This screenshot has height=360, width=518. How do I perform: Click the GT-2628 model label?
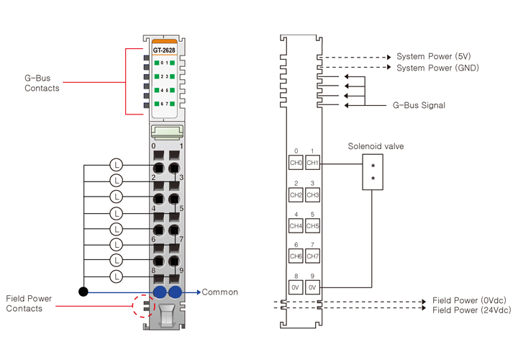(x=164, y=50)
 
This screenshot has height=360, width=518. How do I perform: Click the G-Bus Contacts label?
(x=42, y=83)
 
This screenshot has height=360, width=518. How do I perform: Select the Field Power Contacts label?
(x=24, y=303)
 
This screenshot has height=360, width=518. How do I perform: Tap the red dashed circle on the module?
(x=144, y=305)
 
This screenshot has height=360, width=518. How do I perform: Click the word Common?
(x=219, y=292)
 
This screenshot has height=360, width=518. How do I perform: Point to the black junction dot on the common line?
(x=83, y=292)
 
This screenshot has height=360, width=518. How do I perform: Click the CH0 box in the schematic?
(x=296, y=163)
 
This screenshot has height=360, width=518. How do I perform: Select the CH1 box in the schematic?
(x=312, y=163)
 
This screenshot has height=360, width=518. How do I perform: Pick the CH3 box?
(x=312, y=195)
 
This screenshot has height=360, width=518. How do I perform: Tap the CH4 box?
(x=296, y=226)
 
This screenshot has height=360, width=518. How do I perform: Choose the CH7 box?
(x=312, y=256)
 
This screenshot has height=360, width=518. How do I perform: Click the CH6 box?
(x=296, y=256)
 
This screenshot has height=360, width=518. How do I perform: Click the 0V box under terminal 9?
(x=312, y=287)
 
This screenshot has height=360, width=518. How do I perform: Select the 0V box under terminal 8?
(x=296, y=287)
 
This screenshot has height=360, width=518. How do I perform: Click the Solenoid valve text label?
(x=376, y=146)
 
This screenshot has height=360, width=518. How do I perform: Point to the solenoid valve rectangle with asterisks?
(x=373, y=173)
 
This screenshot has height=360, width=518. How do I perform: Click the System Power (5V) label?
(x=434, y=56)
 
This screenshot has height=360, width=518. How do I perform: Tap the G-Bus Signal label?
(x=419, y=105)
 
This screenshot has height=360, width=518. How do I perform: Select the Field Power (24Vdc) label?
(x=471, y=310)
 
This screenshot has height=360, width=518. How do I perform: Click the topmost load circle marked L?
(x=117, y=165)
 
